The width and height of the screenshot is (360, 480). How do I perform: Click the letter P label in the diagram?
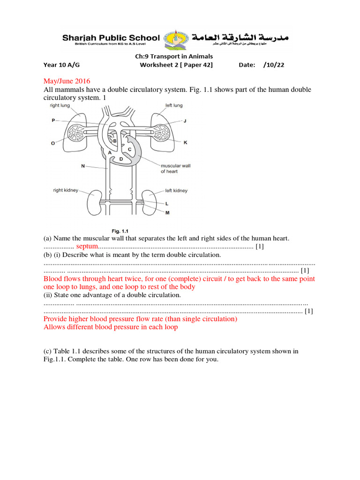click(53, 120)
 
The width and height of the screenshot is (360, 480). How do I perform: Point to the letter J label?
click(184, 120)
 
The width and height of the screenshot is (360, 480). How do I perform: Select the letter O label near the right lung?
click(53, 143)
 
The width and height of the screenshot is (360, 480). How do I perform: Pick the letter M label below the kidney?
click(166, 212)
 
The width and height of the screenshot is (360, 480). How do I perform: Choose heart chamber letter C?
click(129, 149)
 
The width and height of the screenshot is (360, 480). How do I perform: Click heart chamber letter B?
click(114, 140)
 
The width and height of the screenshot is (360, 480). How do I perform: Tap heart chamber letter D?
click(120, 159)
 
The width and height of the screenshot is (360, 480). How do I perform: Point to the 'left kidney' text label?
click(176, 190)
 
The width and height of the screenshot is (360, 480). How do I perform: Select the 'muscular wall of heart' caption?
click(175, 168)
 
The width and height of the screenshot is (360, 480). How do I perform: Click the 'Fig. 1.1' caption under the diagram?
click(123, 231)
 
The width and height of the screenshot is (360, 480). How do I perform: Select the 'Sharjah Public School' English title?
click(111, 37)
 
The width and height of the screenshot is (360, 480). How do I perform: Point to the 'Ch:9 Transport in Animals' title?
click(173, 56)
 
